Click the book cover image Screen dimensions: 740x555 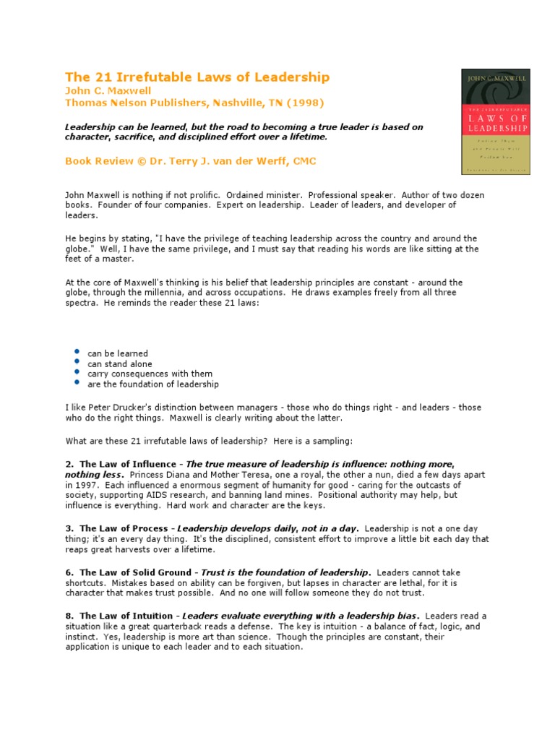(495, 121)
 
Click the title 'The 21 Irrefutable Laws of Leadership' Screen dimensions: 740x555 (197, 77)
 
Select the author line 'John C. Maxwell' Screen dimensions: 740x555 (108, 91)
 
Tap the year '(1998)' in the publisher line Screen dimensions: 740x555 (301, 103)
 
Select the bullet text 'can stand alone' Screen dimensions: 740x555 (120, 364)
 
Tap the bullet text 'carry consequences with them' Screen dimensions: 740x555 (150, 374)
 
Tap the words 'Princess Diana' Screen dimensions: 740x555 (141, 475)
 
